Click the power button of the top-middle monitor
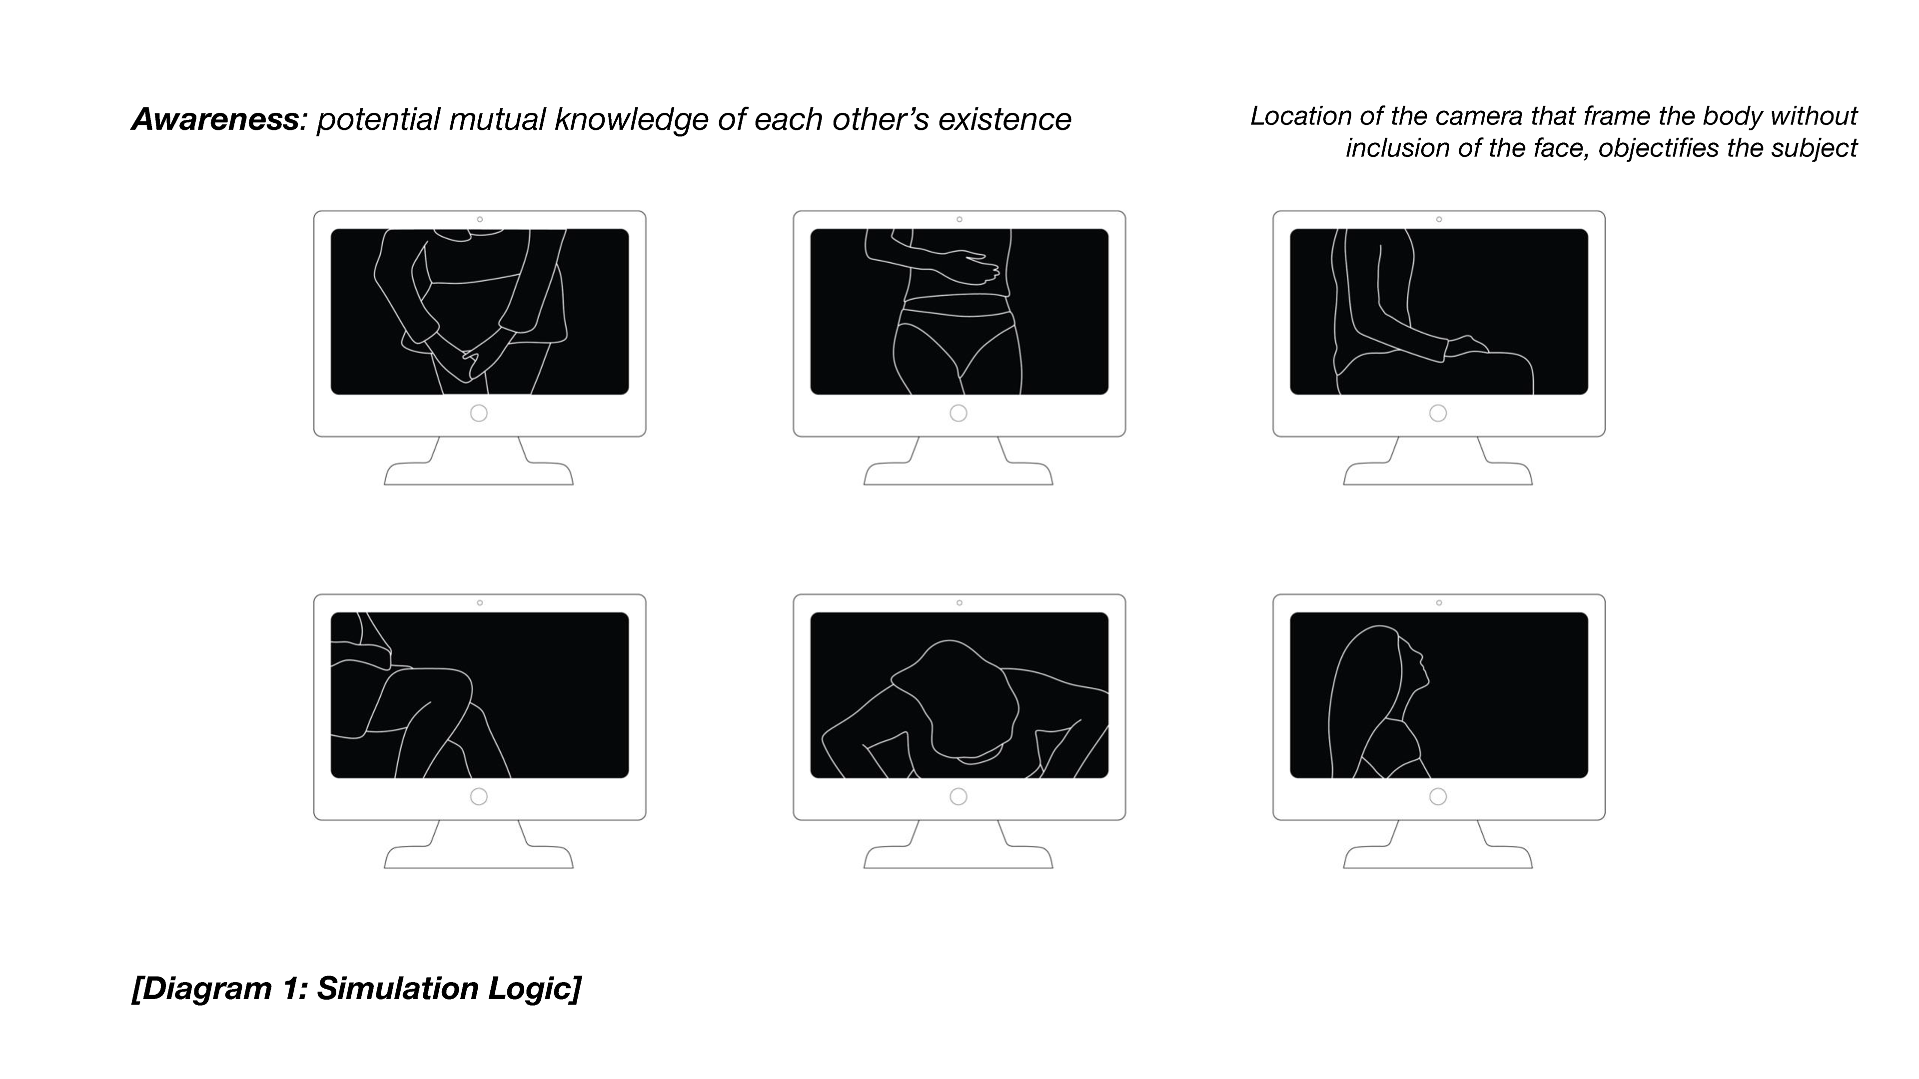click(959, 413)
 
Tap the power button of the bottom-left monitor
click(479, 797)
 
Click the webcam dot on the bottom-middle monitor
click(959, 603)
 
